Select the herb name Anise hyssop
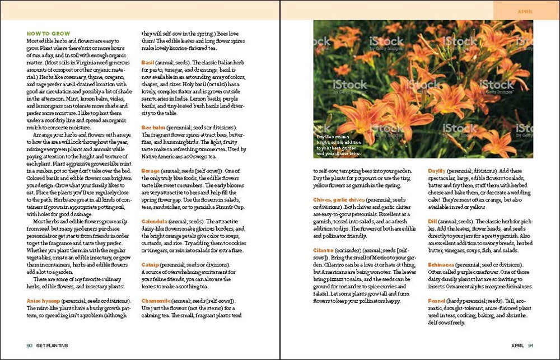43,301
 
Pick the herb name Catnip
150,264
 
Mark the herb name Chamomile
156,301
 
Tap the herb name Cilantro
325,250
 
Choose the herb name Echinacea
441,264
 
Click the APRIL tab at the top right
525,11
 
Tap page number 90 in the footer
30,345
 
